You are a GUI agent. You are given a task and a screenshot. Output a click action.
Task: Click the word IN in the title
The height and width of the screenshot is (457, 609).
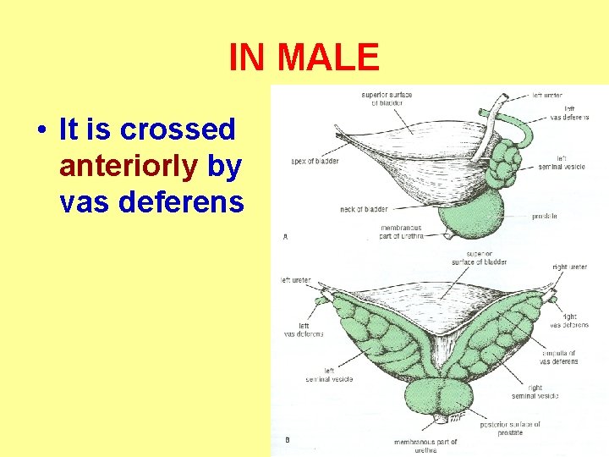point(246,58)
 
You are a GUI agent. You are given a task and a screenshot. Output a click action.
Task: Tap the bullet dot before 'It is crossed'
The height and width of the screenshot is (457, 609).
point(40,131)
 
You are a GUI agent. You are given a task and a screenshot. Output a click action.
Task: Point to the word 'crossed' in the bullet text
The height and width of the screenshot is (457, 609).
point(178,129)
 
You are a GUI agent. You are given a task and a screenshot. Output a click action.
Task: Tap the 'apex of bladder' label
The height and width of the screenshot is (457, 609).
point(315,160)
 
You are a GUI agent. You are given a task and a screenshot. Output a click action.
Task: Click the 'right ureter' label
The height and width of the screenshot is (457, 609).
point(569,267)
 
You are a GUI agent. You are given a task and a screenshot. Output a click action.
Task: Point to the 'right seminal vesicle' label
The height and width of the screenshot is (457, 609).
point(535,392)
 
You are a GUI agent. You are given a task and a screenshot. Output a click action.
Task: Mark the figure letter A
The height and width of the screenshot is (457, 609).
point(285,237)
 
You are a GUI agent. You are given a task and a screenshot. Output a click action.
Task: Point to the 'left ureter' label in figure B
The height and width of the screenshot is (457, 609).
point(295,280)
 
